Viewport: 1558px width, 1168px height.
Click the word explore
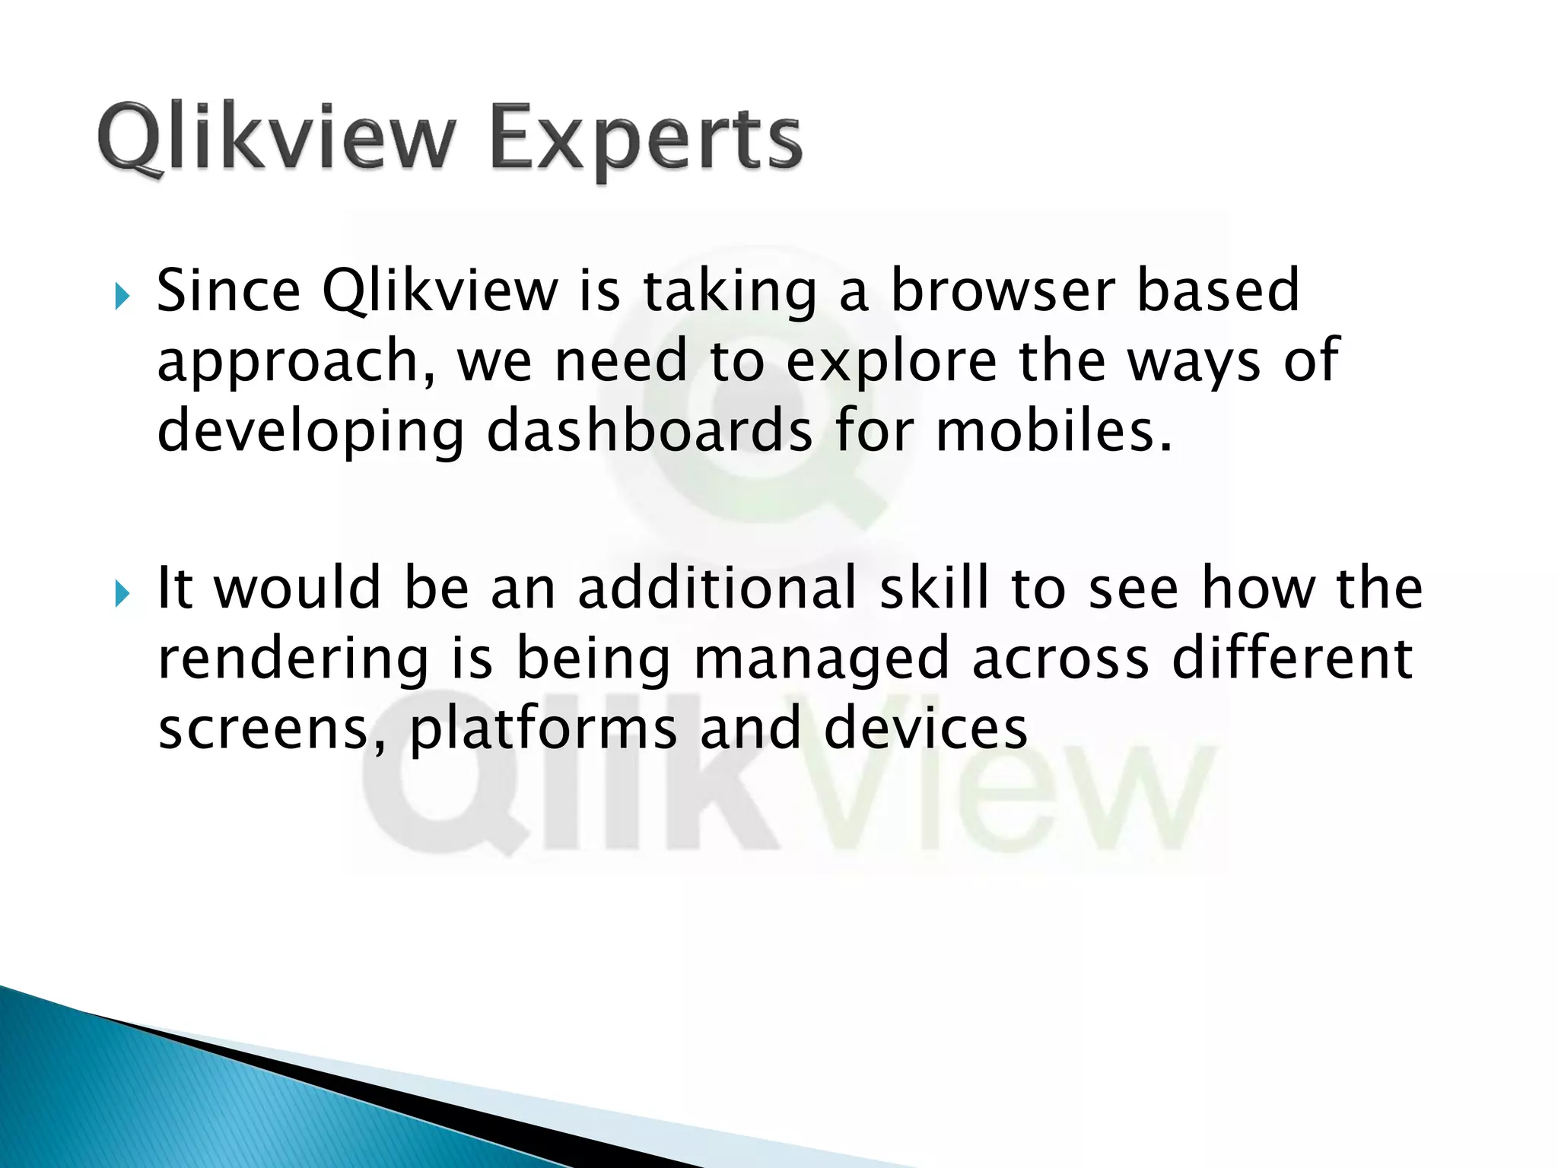[891, 361]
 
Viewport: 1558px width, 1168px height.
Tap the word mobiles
[1053, 430]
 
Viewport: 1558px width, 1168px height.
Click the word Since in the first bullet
[228, 290]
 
